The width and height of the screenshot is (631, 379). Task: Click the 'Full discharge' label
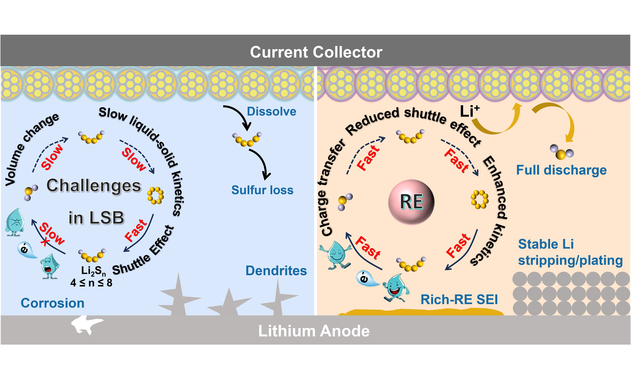point(561,170)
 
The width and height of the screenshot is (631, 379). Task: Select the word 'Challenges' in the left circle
point(94,185)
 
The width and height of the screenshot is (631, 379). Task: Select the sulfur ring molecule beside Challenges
point(155,196)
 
